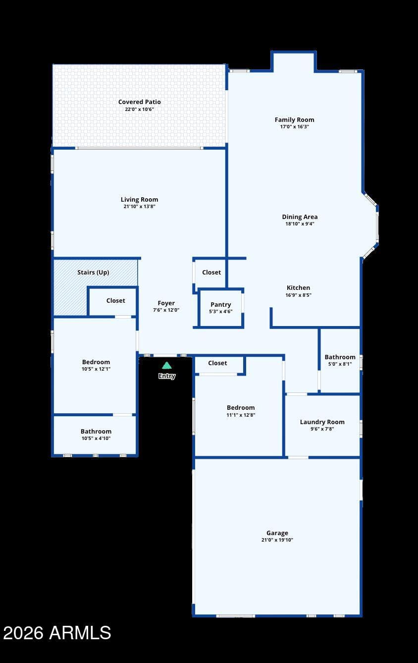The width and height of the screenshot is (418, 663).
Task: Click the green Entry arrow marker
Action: [166, 366]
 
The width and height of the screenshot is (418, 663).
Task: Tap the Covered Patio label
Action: [139, 102]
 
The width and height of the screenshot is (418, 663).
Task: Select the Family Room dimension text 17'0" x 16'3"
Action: [294, 127]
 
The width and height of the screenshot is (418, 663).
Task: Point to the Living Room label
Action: [139, 200]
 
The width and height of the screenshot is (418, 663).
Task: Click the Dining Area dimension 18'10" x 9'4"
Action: [300, 224]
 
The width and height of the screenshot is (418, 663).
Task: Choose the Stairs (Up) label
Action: [93, 273]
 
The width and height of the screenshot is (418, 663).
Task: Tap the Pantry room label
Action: [221, 305]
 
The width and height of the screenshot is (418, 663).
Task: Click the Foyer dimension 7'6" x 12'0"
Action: [166, 310]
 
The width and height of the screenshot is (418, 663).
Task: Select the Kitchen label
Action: [298, 288]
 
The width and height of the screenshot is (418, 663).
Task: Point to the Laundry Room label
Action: [322, 422]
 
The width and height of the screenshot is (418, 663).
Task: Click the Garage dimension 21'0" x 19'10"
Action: [277, 540]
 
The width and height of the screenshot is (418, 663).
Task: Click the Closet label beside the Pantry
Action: [211, 273]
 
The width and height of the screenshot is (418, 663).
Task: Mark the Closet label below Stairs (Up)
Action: [115, 300]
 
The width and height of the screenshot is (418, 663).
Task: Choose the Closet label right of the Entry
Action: [217, 363]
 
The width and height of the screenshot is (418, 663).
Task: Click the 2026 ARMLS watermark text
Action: [57, 633]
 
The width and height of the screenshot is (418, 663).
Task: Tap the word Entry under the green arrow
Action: [167, 376]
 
